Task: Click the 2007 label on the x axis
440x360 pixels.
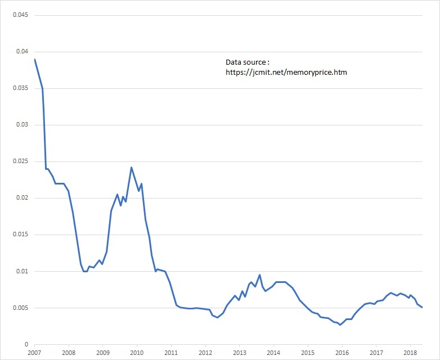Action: [x=34, y=353]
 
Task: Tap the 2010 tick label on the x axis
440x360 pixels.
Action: [x=137, y=353]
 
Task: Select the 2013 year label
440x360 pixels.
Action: [x=239, y=353]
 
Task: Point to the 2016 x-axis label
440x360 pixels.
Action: [x=342, y=353]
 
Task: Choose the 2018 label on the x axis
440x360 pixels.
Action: [x=410, y=353]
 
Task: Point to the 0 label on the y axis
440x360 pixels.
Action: [x=26, y=344]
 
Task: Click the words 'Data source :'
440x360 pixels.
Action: [x=247, y=62]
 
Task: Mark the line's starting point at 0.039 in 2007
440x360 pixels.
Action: [x=35, y=59]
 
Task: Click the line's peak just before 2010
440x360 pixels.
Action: [x=131, y=167]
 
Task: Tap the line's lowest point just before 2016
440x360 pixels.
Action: [x=340, y=325]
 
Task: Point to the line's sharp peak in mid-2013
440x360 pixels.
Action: [x=259, y=274]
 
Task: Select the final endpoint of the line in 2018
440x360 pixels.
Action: [x=422, y=307]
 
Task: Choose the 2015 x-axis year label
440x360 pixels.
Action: [x=307, y=353]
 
